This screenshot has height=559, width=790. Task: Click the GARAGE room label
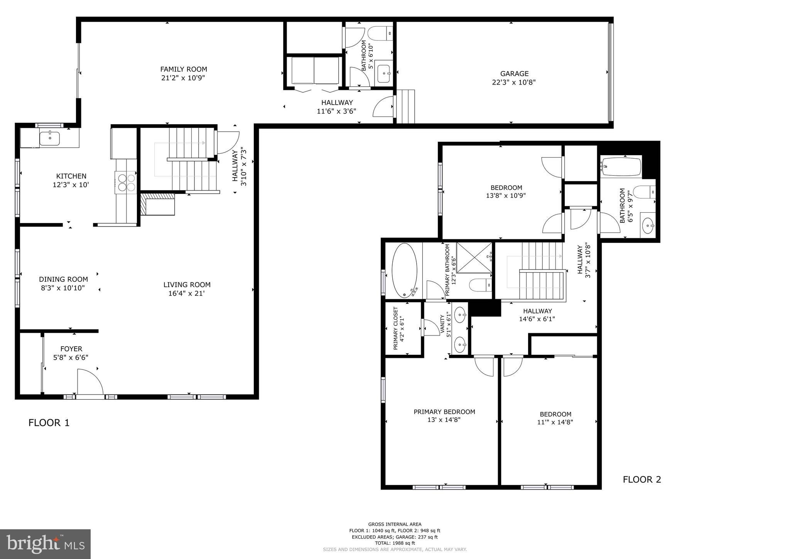[514, 73]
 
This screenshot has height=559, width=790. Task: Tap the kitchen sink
[50, 138]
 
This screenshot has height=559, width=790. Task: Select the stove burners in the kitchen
[127, 182]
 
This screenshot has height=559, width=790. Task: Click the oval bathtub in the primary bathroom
[404, 270]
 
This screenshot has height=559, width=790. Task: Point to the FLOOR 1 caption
[49, 423]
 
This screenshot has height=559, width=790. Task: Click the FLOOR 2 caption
[642, 479]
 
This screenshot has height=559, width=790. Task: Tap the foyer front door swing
[90, 382]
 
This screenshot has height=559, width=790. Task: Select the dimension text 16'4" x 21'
[186, 293]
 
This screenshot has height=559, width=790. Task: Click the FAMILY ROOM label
[184, 69]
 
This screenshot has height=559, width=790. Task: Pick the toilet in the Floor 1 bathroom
[380, 33]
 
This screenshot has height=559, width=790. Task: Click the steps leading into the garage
[405, 107]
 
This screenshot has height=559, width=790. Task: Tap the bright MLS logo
[45, 544]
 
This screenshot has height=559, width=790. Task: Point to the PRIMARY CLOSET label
[395, 329]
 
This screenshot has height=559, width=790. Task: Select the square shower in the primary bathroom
[474, 257]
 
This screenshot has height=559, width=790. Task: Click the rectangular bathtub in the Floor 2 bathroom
[621, 166]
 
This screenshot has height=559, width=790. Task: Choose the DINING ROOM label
[63, 279]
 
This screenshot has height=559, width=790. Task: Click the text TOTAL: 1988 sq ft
[395, 543]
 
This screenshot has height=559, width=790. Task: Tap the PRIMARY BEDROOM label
[444, 412]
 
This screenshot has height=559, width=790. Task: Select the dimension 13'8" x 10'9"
[506, 196]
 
